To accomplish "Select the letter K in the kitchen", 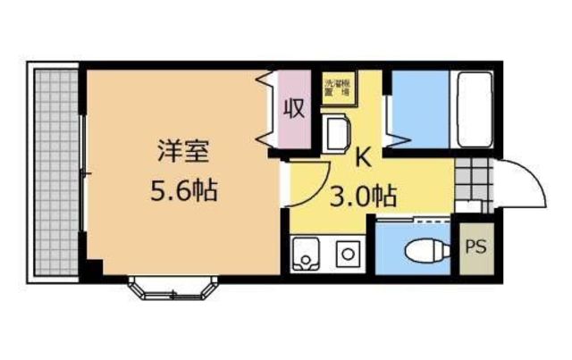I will (363, 158).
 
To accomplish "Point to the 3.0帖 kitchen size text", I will (365, 194).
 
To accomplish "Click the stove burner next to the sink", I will (345, 254).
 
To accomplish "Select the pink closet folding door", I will (269, 107).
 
